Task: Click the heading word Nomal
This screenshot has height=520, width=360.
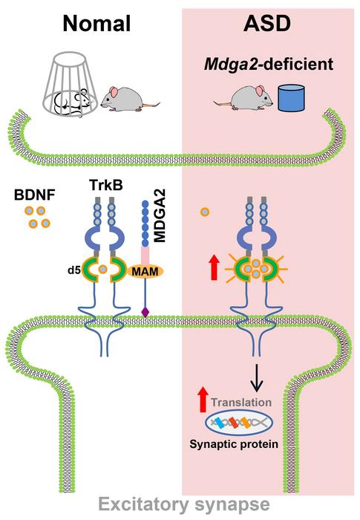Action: [x=96, y=24]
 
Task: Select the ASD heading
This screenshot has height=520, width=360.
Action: [x=267, y=24]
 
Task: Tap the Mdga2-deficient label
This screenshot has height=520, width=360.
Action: [x=269, y=64]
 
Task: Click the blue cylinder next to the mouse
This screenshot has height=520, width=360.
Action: [x=291, y=98]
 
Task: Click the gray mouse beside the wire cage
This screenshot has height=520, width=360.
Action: [x=128, y=99]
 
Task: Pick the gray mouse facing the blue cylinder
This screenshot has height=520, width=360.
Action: [x=244, y=98]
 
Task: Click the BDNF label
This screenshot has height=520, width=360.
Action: [x=34, y=195]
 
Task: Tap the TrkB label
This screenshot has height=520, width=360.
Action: [x=105, y=185]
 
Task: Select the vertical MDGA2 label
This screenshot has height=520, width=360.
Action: [x=160, y=216]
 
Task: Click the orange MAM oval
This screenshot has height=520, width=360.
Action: [x=145, y=272]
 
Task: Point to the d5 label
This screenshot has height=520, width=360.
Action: [x=74, y=270]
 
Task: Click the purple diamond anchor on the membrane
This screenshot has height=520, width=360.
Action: [x=145, y=312]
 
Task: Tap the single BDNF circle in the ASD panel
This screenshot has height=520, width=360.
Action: [x=205, y=212]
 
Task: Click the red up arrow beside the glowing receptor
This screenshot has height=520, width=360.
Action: [x=215, y=267]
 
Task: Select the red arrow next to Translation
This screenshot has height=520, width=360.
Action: [x=202, y=400]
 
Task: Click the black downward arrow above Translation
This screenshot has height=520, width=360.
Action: [x=256, y=377]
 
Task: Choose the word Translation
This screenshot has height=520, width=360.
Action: [x=241, y=403]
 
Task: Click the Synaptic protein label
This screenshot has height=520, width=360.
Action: [x=234, y=444]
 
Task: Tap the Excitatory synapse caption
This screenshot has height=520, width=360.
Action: [x=184, y=504]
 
